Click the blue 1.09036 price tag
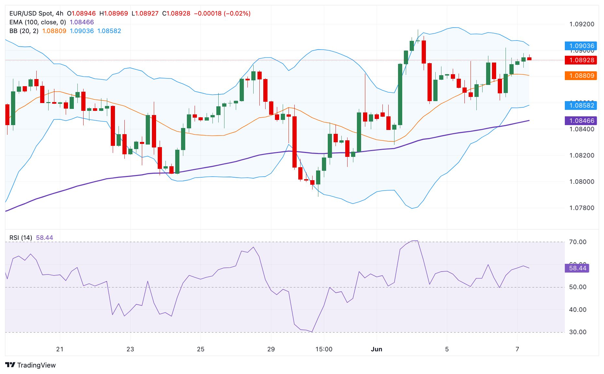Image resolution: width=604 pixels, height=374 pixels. [581, 46]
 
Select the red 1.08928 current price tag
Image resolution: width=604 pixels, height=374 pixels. [581, 60]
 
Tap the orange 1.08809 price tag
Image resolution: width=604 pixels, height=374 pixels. [581, 76]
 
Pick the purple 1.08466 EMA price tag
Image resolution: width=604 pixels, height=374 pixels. [581, 121]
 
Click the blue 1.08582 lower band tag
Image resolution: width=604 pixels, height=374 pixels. [581, 105]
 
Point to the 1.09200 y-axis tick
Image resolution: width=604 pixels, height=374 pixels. [582, 24]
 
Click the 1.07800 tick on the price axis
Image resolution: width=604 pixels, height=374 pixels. [582, 208]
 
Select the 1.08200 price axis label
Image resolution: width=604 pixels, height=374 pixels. [582, 155]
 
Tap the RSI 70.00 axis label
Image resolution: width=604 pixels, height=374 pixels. [577, 242]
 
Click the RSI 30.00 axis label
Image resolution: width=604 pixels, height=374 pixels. [577, 332]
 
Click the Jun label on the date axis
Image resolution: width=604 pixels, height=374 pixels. [376, 349]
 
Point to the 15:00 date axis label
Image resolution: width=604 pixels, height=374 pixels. [324, 349]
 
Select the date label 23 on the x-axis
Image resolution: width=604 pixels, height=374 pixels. [130, 349]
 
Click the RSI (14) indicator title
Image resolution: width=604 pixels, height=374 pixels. [21, 238]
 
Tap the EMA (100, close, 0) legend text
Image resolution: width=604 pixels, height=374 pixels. [38, 22]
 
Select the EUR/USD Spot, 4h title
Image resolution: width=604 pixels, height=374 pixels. [36, 13]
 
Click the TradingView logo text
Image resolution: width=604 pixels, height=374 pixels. [36, 365]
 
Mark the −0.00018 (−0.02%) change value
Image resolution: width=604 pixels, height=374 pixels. [222, 13]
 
